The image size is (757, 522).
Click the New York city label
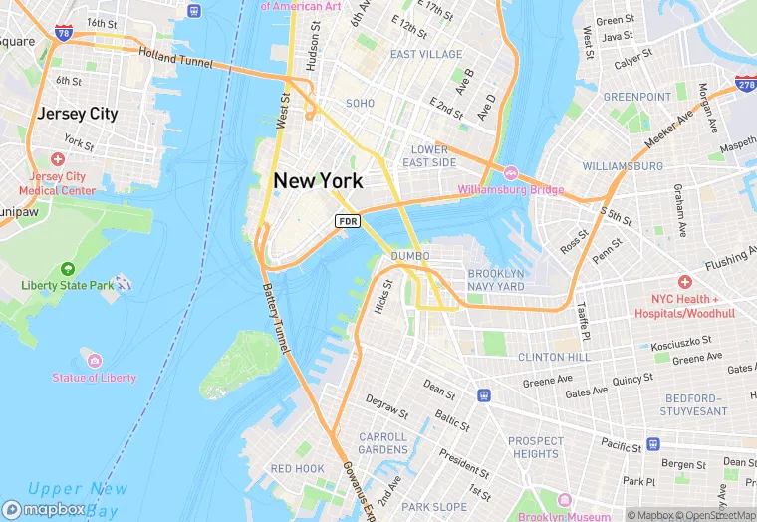coord(318,180)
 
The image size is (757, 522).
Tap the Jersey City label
coord(77,114)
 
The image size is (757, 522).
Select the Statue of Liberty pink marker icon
coord(94,360)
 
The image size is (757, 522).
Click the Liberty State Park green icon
coord(67,269)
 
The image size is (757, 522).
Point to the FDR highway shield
coord(348,220)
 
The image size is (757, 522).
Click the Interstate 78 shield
coord(64,34)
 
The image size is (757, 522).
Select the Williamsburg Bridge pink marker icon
coord(511,173)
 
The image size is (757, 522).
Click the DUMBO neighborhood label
coord(409,256)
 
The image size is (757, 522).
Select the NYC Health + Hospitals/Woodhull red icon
coord(683,282)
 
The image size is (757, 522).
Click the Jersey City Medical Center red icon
coord(57,159)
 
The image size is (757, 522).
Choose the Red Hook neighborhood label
coord(297,468)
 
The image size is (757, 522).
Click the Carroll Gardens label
coord(382,443)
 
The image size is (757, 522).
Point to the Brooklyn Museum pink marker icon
coord(563,499)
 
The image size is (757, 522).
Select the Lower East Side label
coord(429,155)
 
